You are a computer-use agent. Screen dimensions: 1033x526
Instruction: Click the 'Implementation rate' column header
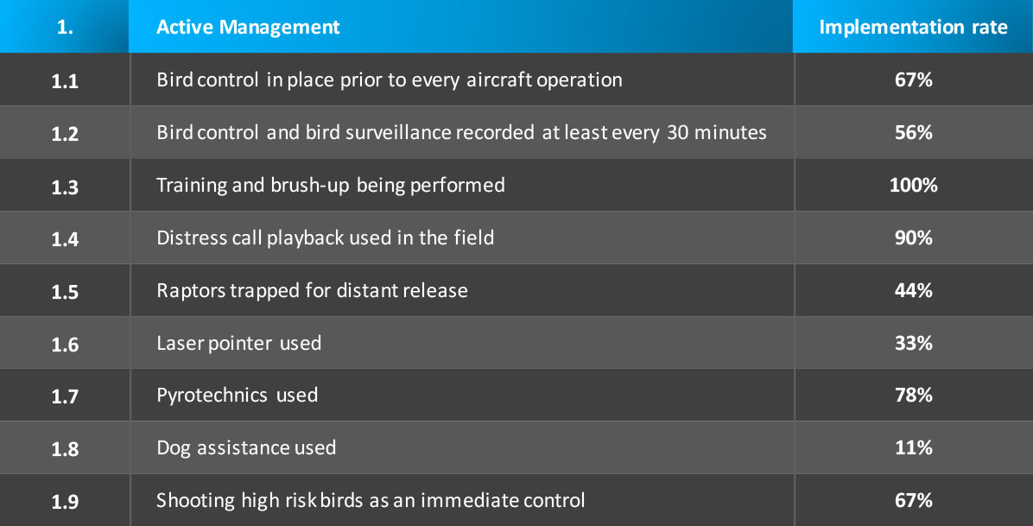913,27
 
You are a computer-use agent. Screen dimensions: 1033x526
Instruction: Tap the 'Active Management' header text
248,27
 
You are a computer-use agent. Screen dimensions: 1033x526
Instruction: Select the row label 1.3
65,187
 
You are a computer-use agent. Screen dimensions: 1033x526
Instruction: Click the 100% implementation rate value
913,185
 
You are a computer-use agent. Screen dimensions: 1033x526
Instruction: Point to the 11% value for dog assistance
913,448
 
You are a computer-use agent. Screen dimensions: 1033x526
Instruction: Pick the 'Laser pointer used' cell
238,344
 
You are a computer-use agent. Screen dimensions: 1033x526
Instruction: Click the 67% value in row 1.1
913,79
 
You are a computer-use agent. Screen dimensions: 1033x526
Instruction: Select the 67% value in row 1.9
913,500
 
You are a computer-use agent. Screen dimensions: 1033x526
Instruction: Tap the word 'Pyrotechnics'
212,396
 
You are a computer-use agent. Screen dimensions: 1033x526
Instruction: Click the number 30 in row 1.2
677,132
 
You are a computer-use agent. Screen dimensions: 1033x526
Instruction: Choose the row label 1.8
65,449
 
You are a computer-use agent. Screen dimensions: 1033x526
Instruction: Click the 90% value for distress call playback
913,238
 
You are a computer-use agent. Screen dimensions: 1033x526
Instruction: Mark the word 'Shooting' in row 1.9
195,501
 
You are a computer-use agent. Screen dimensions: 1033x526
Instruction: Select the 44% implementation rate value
913,291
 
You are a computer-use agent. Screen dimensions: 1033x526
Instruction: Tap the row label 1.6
65,345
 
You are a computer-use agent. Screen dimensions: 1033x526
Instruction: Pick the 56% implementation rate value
913,132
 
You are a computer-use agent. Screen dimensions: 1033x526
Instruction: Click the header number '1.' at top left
65,28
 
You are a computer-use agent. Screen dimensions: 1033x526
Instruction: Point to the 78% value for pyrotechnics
913,396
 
